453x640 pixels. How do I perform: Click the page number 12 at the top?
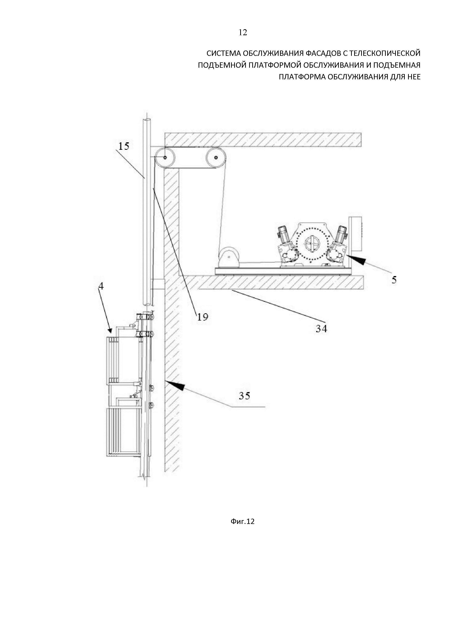coord(243,33)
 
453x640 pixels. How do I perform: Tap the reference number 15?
coord(124,146)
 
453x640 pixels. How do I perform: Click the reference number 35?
coord(245,396)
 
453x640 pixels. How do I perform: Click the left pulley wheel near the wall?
coord(165,157)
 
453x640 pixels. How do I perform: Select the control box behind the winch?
coord(355,234)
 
